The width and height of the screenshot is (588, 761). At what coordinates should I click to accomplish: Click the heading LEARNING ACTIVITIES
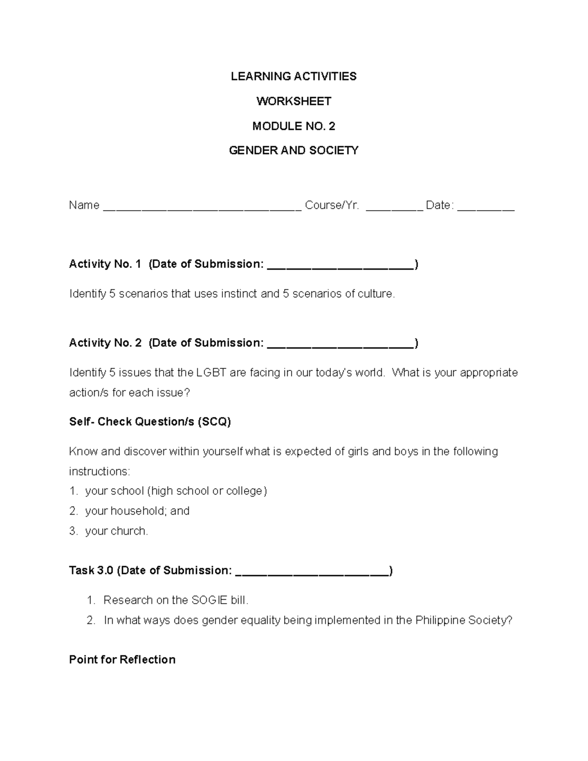coord(294,76)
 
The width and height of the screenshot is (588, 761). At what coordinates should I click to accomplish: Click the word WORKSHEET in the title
coord(294,101)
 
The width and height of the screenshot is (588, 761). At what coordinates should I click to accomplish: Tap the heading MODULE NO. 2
coord(294,126)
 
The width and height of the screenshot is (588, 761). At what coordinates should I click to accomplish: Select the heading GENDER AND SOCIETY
coord(294,150)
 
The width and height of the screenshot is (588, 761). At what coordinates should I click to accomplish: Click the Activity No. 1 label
coord(105,264)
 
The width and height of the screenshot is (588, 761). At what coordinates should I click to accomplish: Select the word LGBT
coord(211,373)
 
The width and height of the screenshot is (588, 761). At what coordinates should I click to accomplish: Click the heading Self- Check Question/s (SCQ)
coord(150,422)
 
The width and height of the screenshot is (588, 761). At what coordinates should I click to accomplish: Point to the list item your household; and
coord(137,511)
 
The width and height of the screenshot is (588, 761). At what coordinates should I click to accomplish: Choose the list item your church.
coord(116,531)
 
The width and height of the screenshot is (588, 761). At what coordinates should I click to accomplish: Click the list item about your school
coord(176,491)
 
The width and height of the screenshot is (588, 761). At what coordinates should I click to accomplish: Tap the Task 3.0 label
coord(91,570)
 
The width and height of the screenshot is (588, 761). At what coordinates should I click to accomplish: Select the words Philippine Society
coord(463,620)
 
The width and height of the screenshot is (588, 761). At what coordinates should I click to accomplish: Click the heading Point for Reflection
coord(122,660)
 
